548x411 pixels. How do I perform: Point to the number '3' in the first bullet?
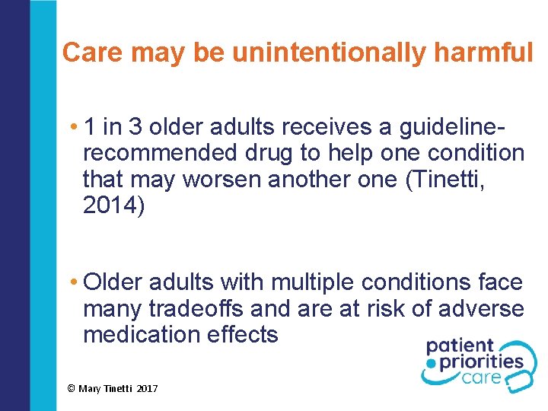[x=136, y=126]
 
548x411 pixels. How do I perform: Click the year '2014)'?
[x=113, y=205]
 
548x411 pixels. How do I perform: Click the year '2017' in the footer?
[x=148, y=389]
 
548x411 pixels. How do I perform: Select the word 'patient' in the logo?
[x=460, y=348]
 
